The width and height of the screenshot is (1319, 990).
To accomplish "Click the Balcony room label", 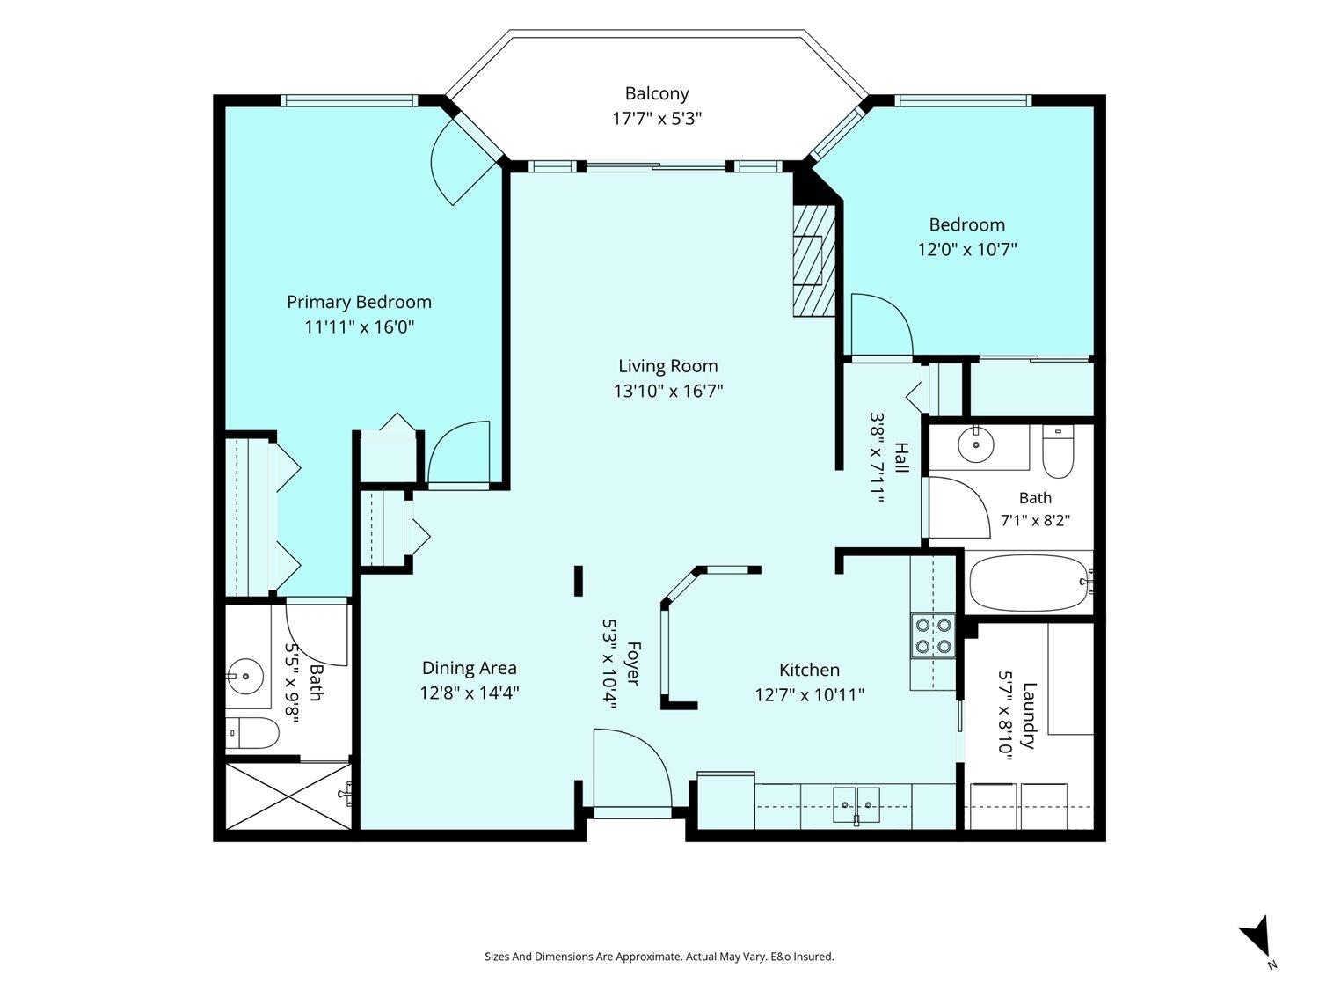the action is coord(657,94).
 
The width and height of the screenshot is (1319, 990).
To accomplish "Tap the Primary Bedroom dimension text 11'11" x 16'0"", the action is coord(360,327).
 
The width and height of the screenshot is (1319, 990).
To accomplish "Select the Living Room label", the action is coord(668,366).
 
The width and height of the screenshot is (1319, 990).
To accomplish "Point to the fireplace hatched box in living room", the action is coord(814,260).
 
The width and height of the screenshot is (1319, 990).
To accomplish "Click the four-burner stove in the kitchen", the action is coord(933,636).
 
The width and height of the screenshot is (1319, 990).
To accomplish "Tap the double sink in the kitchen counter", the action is coord(856,804).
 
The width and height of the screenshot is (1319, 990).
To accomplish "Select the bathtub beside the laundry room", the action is coord(1030,583).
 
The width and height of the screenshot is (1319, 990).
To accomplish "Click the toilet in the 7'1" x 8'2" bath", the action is coord(1058,451).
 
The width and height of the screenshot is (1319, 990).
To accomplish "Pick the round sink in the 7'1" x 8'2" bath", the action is coord(976,444).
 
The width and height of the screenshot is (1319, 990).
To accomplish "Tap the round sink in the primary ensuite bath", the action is coord(245,677).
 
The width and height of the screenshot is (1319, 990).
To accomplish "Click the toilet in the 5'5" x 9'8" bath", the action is coord(253,733).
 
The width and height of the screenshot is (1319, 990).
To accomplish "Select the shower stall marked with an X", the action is coord(288,796).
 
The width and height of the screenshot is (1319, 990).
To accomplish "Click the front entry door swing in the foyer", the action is coord(632,767).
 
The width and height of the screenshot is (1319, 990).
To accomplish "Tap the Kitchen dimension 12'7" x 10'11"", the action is coord(810,695).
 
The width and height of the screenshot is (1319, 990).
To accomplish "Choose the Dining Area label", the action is coord(470,668).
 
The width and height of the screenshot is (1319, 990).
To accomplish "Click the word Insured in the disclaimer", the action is coord(814,957).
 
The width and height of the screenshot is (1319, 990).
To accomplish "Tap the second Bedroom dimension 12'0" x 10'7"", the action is coord(967,249).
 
